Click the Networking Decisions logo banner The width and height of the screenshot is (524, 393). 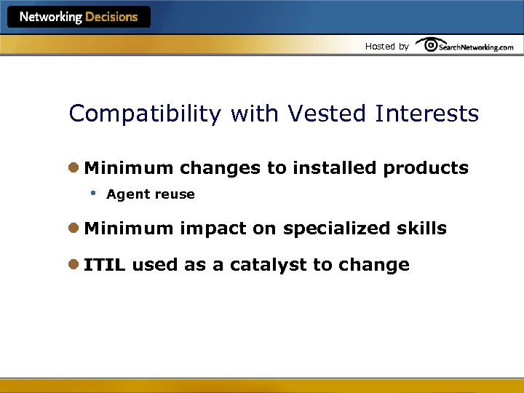click(79, 17)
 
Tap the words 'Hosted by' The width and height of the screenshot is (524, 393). click(386, 47)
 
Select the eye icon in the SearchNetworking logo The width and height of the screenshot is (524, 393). click(429, 45)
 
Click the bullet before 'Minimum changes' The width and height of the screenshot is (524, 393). click(74, 168)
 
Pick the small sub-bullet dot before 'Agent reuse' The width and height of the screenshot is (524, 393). click(93, 193)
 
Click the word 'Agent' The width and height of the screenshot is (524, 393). click(127, 194)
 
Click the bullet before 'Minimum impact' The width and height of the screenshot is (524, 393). click(74, 229)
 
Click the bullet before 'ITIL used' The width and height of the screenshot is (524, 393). click(74, 265)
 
